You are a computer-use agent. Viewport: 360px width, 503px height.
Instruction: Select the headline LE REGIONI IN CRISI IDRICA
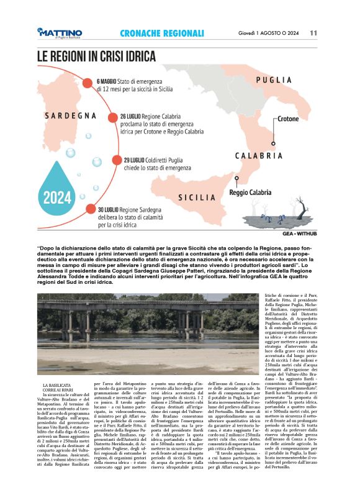tap(96, 57)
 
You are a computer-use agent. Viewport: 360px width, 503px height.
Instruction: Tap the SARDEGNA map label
tap(70, 116)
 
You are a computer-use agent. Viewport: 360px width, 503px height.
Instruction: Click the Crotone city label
tap(287, 118)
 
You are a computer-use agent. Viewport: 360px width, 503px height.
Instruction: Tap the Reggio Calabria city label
tap(252, 193)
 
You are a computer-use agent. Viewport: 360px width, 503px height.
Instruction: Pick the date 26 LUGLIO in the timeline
tap(132, 116)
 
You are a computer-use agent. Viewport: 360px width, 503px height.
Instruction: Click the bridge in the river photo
tap(149, 310)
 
